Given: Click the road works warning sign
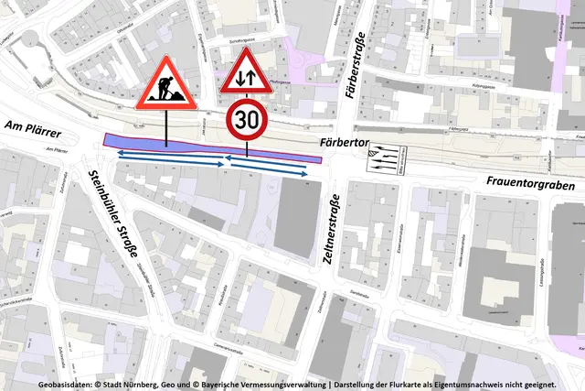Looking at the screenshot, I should click(166, 86).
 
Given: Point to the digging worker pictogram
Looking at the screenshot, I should click(166, 92).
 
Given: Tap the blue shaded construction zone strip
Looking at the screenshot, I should click(210, 147).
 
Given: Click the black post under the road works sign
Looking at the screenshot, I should click(166, 129).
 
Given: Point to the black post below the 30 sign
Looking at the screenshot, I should click(247, 147).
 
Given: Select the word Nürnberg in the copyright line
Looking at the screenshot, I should click(162, 385).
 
